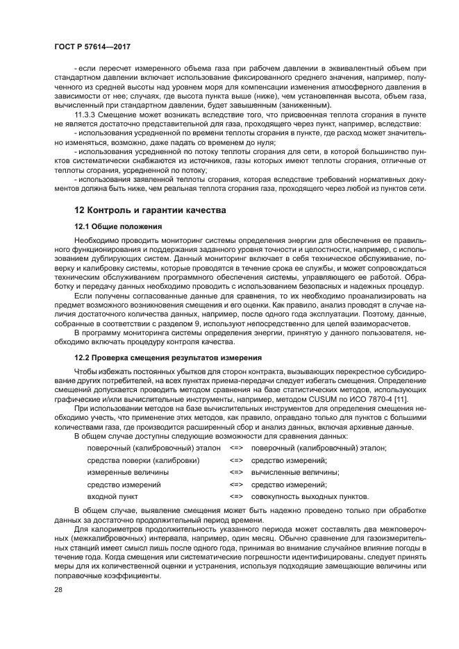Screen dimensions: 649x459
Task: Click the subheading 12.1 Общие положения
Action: point(118,226)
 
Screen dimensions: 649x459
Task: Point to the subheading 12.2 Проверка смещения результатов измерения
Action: point(167,357)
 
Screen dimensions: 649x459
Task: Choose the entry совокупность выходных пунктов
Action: point(310,496)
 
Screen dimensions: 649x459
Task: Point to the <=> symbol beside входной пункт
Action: point(236,496)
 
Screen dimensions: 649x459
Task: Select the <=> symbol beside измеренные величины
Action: point(236,471)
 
